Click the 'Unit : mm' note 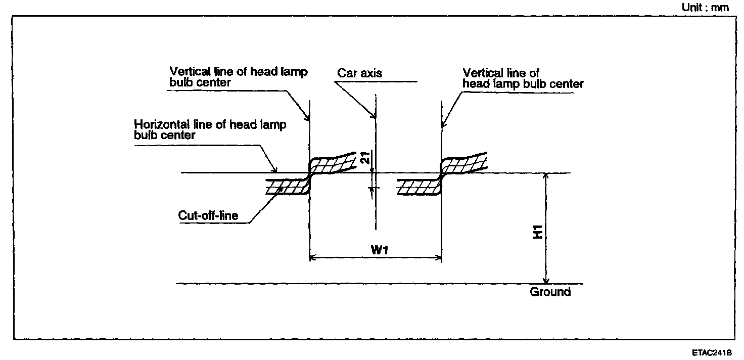[x=705, y=7]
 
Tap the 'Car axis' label [x=359, y=73]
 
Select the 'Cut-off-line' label [x=208, y=215]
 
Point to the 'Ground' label [x=550, y=292]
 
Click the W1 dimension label [x=379, y=250]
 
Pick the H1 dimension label [x=538, y=232]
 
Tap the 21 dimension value [x=365, y=157]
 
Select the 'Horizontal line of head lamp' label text [x=210, y=125]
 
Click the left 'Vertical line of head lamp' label [x=239, y=71]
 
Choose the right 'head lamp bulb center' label [x=523, y=84]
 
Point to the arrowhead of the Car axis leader [x=374, y=116]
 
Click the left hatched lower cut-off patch [x=288, y=187]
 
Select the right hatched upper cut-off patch [x=463, y=164]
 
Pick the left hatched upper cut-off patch [x=332, y=164]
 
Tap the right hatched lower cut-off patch [x=419, y=187]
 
